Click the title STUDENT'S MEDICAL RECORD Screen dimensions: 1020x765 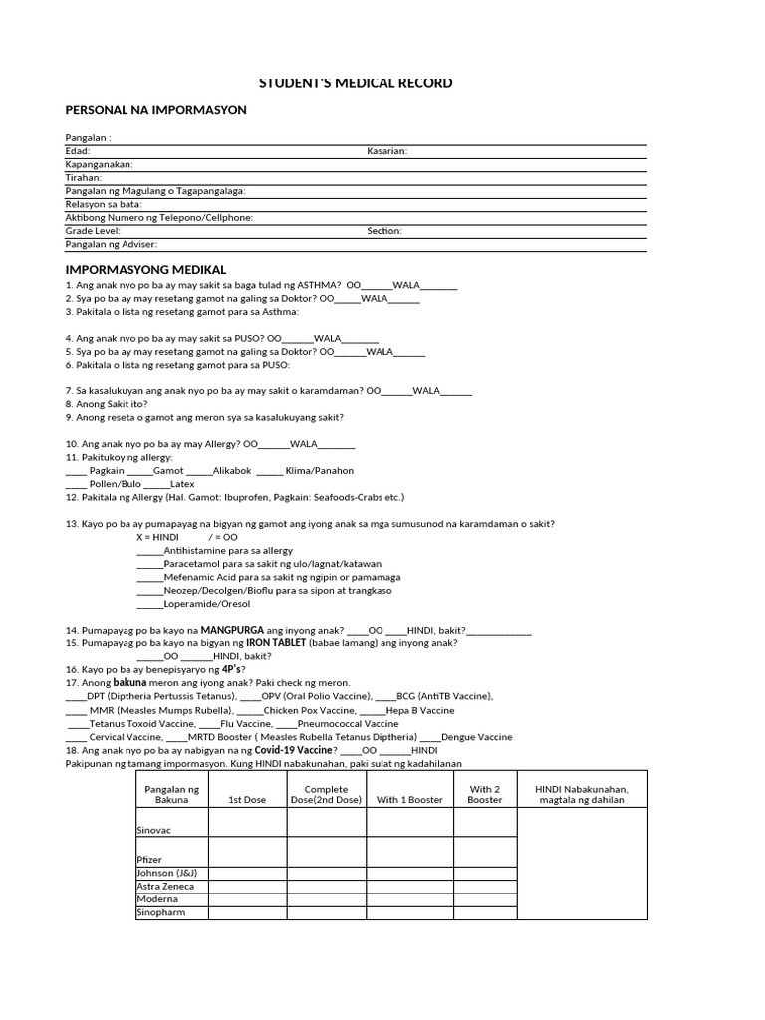pyautogui.click(x=382, y=83)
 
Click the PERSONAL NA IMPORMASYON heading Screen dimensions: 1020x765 pyautogui.click(x=155, y=110)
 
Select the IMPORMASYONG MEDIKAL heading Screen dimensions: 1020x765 pyautogui.click(x=145, y=270)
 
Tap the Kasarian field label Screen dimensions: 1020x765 pyautogui.click(x=386, y=151)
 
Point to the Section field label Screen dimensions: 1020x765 pyautogui.click(x=384, y=231)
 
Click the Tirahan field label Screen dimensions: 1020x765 pyautogui.click(x=84, y=177)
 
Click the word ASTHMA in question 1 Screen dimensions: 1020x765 pyautogui.click(x=318, y=285)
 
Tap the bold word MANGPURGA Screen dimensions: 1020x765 pyautogui.click(x=239, y=631)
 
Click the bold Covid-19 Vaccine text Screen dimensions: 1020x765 pyautogui.click(x=294, y=750)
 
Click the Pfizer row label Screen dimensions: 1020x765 pyautogui.click(x=149, y=858)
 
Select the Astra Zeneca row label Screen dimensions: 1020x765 pyautogui.click(x=165, y=886)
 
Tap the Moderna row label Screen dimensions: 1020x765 pyautogui.click(x=157, y=899)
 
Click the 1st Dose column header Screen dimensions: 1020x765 pyautogui.click(x=247, y=799)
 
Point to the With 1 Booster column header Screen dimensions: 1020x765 pyautogui.click(x=409, y=799)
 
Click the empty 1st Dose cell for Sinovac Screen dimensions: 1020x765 pyautogui.click(x=247, y=823)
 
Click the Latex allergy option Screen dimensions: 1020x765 pyautogui.click(x=182, y=484)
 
